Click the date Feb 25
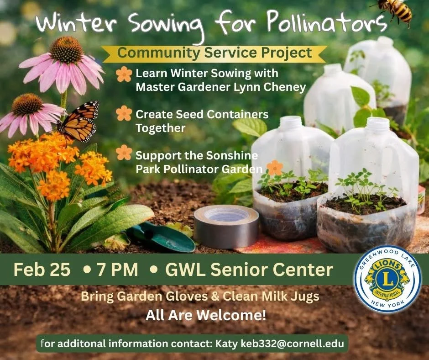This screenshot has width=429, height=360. point(42,270)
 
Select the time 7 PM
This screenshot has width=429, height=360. point(117,270)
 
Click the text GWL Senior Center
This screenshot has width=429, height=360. point(249,270)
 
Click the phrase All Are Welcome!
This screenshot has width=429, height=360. point(205,315)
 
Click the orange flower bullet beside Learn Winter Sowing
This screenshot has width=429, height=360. point(124,74)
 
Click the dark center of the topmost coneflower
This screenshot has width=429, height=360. point(67,50)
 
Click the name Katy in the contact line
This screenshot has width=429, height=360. point(227,343)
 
